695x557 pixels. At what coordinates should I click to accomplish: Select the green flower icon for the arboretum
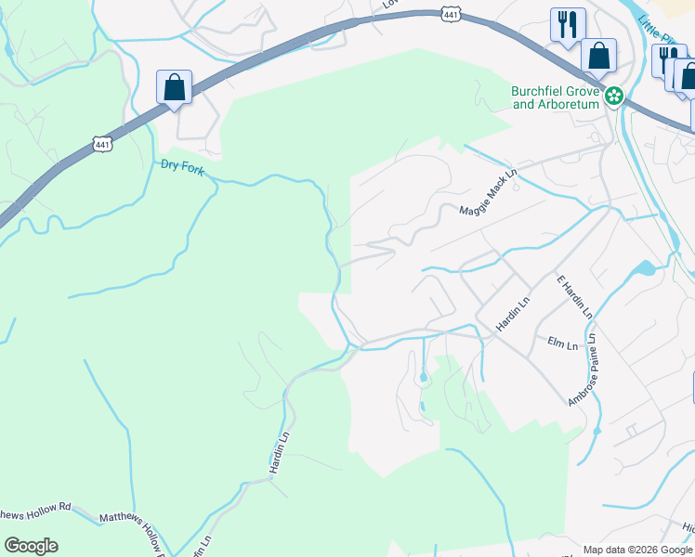[x=613, y=96]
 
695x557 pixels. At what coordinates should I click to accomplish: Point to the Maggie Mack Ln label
[x=488, y=198]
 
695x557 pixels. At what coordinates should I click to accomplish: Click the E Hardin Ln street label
[x=574, y=297]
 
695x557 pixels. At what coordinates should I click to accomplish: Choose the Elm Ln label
[x=562, y=344]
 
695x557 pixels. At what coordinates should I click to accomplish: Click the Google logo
[x=31, y=546]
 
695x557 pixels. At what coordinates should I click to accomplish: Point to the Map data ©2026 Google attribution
[x=637, y=550]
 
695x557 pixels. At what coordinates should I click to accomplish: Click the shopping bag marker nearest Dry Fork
[x=174, y=88]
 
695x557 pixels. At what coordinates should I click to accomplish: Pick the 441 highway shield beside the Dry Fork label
[x=103, y=143]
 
